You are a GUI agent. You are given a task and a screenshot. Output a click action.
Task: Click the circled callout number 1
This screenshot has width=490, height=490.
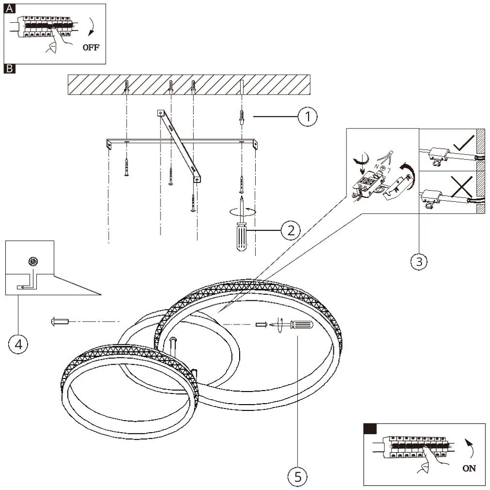tap(308, 116)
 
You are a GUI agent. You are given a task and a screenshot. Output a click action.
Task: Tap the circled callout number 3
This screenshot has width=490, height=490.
tap(419, 261)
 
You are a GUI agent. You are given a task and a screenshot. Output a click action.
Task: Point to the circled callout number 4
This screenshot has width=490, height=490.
tap(18, 344)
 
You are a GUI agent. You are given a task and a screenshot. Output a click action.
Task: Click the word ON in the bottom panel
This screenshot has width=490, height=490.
tap(469, 468)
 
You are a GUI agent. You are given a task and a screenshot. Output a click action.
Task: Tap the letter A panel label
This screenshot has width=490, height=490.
tap(9, 9)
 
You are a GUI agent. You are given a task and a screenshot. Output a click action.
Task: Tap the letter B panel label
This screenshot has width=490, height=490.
tap(9, 69)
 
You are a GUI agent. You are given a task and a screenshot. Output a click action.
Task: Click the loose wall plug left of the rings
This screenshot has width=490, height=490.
tap(60, 321)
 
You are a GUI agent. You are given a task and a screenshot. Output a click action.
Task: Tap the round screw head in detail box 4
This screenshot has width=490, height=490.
tap(33, 261)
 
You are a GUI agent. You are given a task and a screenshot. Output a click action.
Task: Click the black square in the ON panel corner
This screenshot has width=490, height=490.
tap(370, 428)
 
